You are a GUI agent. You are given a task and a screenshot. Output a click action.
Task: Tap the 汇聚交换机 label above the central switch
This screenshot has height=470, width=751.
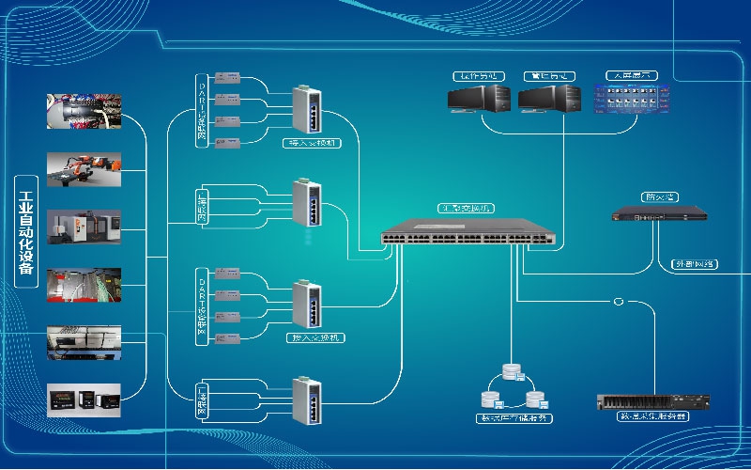(x=467, y=208)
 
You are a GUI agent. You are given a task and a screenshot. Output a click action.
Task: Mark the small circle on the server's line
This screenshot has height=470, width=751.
(x=618, y=302)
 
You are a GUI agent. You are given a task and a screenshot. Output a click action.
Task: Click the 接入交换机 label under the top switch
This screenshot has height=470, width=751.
(x=313, y=144)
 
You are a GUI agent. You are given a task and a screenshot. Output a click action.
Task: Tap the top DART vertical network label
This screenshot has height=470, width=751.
(x=201, y=111)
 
